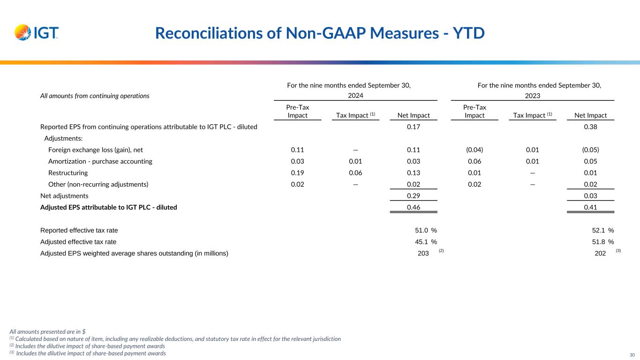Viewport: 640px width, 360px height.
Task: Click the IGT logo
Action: click(37, 33)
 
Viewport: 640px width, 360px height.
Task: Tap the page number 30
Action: click(632, 355)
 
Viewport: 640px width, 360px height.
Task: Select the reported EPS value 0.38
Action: click(590, 127)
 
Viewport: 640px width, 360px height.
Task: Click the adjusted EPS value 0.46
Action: click(413, 207)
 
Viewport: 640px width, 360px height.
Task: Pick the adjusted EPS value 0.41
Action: click(590, 207)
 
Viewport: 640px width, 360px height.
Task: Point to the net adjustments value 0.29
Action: click(413, 195)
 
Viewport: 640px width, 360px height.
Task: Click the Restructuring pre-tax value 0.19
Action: click(297, 172)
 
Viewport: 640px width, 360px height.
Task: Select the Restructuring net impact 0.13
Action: click(413, 172)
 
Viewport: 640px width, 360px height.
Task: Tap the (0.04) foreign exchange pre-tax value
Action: click(474, 150)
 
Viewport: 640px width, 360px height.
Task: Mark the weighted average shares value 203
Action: click(423, 254)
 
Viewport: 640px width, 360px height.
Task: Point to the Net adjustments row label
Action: click(64, 195)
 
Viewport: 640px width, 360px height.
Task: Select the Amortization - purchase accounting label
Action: click(100, 161)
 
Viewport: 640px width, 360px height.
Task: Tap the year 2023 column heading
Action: click(532, 96)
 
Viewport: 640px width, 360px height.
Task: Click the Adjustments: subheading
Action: click(63, 139)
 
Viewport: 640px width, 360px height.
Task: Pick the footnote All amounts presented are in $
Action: click(47, 331)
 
